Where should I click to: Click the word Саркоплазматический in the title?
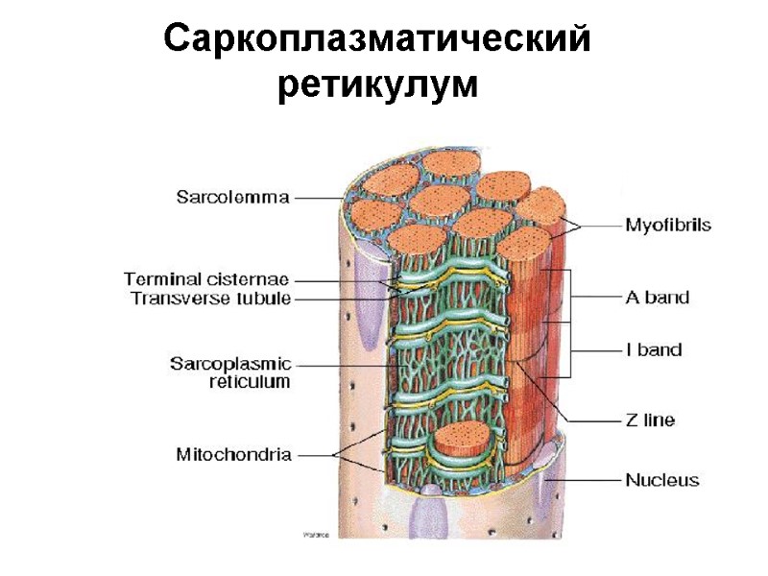tap(377, 39)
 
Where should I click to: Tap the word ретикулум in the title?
tap(377, 85)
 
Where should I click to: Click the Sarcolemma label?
tap(232, 198)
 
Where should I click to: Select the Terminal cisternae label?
tap(205, 279)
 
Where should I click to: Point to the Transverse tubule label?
tap(209, 298)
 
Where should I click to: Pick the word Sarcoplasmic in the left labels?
tap(230, 364)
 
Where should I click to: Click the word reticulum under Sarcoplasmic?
tap(250, 381)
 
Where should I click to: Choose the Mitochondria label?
tap(233, 454)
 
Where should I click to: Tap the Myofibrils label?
tap(668, 226)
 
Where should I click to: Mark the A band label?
tap(658, 297)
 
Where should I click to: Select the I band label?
tap(654, 350)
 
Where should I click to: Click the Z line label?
tap(650, 420)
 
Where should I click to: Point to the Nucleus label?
tap(662, 479)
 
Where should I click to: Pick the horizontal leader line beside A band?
tap(595, 297)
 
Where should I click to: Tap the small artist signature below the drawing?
tap(316, 535)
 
